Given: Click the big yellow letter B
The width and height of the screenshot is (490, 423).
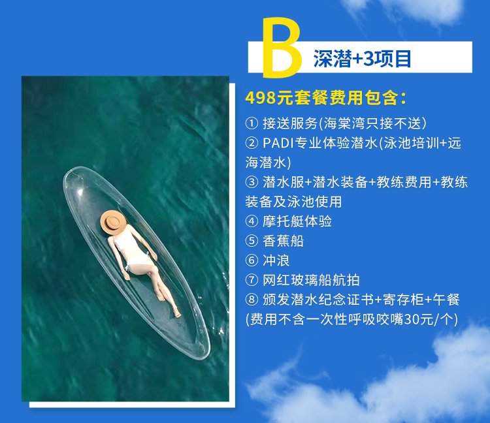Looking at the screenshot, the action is click(x=281, y=48).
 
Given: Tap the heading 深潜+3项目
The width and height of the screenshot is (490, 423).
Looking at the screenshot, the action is click(x=362, y=58).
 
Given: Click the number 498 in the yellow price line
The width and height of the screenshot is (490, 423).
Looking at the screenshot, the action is click(x=261, y=98).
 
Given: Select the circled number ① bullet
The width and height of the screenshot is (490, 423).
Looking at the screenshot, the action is click(x=252, y=123).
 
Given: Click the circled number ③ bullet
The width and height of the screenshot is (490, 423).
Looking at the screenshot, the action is click(x=252, y=182).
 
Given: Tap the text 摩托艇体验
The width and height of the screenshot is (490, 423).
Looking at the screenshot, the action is click(x=297, y=221).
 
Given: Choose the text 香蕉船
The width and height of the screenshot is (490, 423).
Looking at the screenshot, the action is click(x=283, y=241).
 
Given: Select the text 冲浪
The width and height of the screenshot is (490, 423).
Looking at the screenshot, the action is click(x=276, y=260).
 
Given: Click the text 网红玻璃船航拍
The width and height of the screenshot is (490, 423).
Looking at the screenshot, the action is click(x=311, y=280).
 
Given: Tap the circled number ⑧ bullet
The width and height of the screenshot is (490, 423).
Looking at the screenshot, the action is click(x=252, y=300).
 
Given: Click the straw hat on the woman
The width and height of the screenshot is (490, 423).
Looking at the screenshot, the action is click(x=113, y=222).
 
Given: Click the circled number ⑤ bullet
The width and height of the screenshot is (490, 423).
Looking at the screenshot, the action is click(x=252, y=241).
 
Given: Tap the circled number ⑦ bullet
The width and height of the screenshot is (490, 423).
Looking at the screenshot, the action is click(x=252, y=280).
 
